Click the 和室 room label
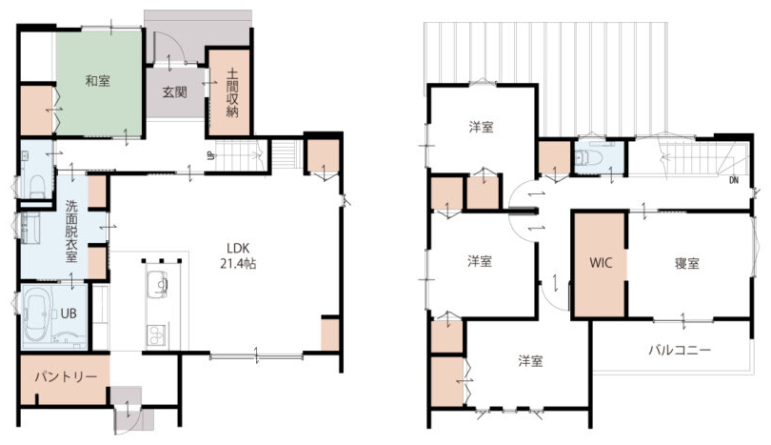pyautogui.click(x=97, y=81)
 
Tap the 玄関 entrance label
pyautogui.click(x=174, y=92)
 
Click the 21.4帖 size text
pyautogui.click(x=238, y=264)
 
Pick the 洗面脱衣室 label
pyautogui.click(x=71, y=231)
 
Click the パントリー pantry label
pyautogui.click(x=66, y=377)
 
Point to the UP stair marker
pyautogui.click(x=210, y=156)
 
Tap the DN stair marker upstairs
pyautogui.click(x=734, y=180)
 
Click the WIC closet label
pyautogui.click(x=601, y=263)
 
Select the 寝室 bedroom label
pyautogui.click(x=687, y=263)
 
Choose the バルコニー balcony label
pyautogui.click(x=680, y=350)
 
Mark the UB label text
pyautogui.click(x=69, y=314)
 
